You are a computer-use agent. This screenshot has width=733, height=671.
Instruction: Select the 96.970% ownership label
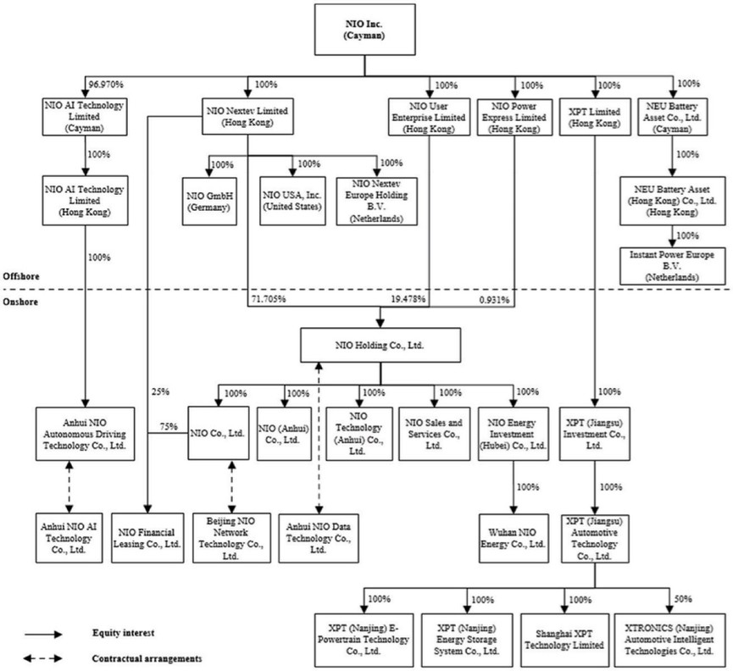[x=106, y=86]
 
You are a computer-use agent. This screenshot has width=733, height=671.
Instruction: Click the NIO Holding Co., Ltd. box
[x=380, y=344]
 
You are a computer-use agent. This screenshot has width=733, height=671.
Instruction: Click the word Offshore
[x=22, y=276]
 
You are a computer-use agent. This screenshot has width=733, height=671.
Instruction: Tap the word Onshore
[x=21, y=301]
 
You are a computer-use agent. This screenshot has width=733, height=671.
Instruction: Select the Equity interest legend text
[x=126, y=632]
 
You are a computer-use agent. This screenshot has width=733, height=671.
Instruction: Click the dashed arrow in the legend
[x=46, y=657]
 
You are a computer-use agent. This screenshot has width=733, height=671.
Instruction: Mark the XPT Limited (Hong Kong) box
[x=592, y=117]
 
